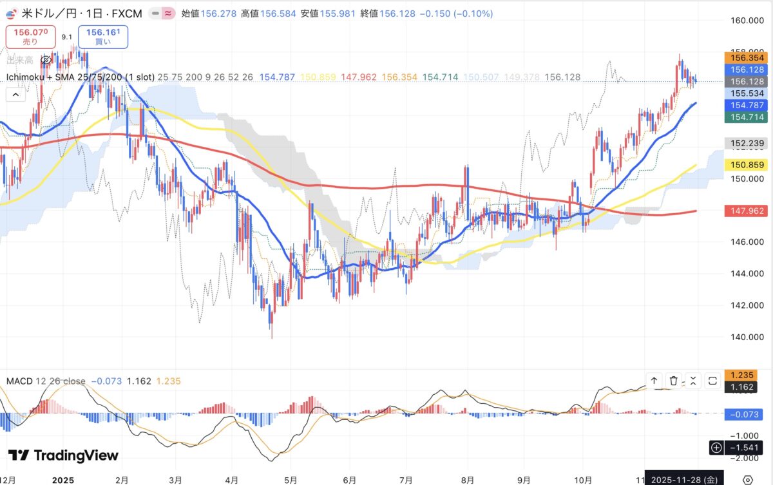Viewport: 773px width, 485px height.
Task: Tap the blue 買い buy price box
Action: coord(103,36)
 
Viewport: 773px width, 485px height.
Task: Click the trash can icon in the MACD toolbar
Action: coord(673,381)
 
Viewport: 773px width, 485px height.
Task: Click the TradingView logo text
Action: coord(64,455)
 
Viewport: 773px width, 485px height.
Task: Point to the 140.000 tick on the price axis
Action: coord(747,337)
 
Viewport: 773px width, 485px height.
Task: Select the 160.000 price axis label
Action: coord(747,21)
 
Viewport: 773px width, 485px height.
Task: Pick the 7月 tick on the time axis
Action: coord(406,480)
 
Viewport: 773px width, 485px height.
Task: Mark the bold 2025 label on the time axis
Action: coord(64,480)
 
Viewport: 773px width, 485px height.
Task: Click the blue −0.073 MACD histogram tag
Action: coord(746,414)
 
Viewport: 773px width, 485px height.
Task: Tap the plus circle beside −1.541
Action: coord(716,447)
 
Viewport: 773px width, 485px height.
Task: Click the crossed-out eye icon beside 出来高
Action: coord(46,60)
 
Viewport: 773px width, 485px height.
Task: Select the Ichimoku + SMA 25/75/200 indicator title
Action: coord(80,77)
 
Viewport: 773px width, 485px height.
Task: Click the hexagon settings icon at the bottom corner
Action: coord(747,480)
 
